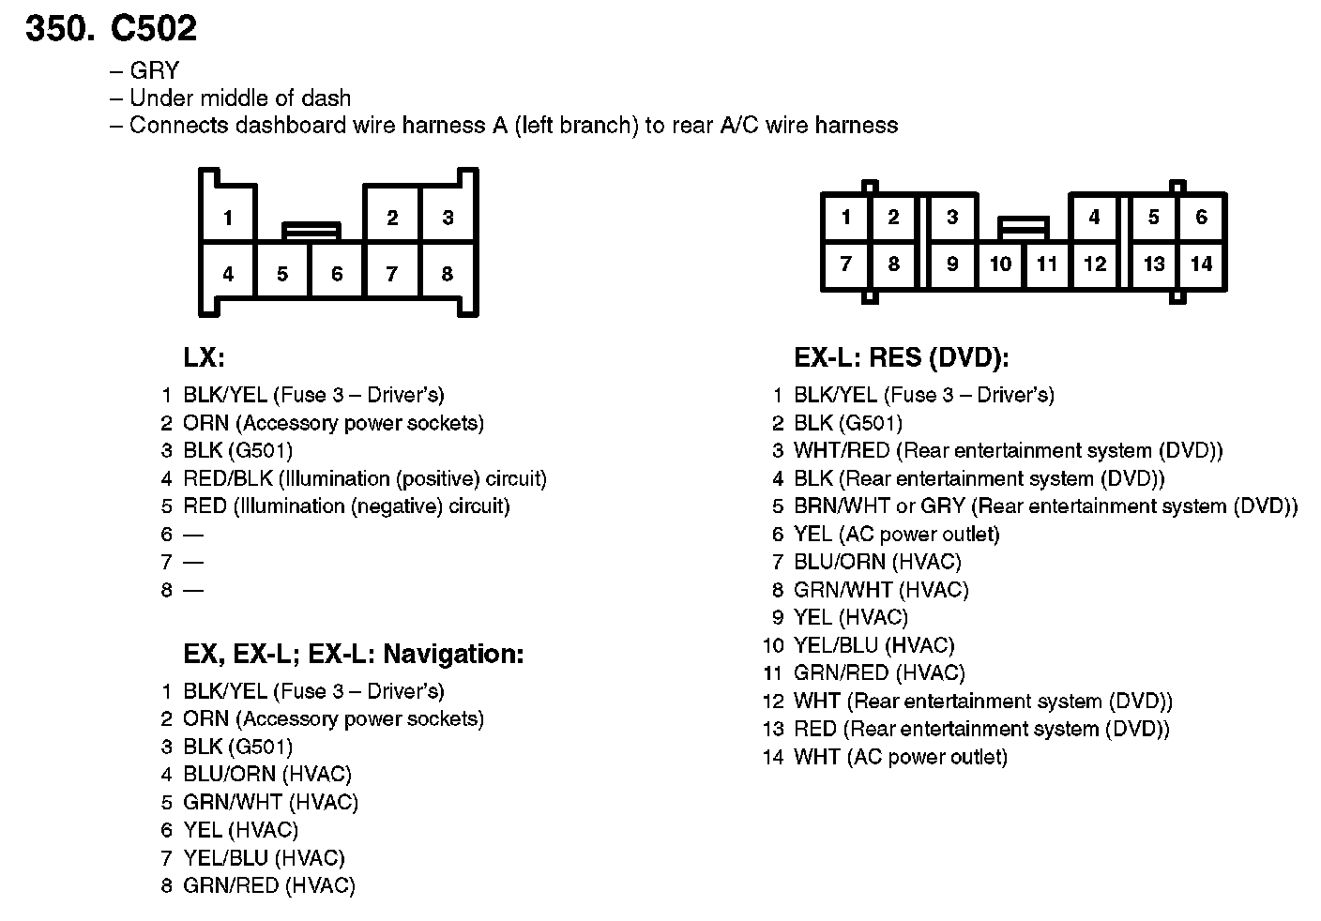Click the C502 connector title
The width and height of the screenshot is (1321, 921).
[111, 28]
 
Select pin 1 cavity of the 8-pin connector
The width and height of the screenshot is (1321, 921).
[228, 219]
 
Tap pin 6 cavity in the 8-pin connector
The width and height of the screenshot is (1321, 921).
[337, 274]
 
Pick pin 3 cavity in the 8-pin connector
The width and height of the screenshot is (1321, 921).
[448, 218]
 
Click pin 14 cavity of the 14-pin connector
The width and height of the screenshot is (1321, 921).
[1201, 264]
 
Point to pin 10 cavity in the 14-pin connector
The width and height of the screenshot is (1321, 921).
[1000, 264]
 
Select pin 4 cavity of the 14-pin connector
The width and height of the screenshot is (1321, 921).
[1093, 218]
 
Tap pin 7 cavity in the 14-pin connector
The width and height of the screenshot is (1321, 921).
[845, 264]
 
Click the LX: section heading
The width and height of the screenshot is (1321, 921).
[204, 357]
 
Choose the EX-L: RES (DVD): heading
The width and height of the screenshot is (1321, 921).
[901, 357]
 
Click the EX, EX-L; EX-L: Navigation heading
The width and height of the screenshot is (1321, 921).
[353, 654]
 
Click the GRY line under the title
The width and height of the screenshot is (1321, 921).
[154, 71]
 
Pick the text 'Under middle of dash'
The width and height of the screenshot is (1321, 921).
[239, 98]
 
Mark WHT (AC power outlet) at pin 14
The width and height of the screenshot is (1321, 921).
[900, 757]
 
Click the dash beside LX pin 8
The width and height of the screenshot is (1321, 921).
[193, 590]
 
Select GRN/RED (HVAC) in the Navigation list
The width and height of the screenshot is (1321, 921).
[269, 885]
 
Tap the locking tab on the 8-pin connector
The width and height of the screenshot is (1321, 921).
[311, 230]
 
